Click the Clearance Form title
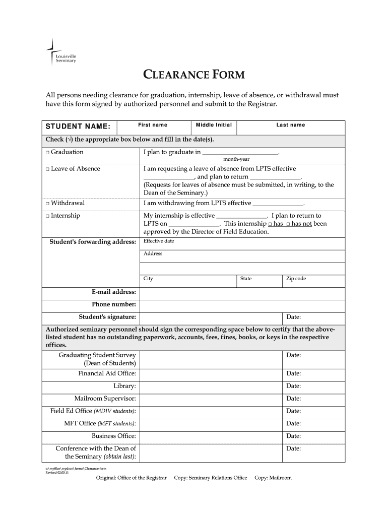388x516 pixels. (x=194, y=76)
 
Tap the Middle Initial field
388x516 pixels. (x=214, y=127)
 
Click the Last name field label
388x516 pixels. (x=290, y=125)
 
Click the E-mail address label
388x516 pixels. (x=113, y=292)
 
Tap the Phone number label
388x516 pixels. (x=113, y=304)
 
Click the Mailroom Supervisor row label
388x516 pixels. (x=105, y=399)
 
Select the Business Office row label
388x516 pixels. (x=113, y=436)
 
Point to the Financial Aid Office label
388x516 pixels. (x=107, y=373)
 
